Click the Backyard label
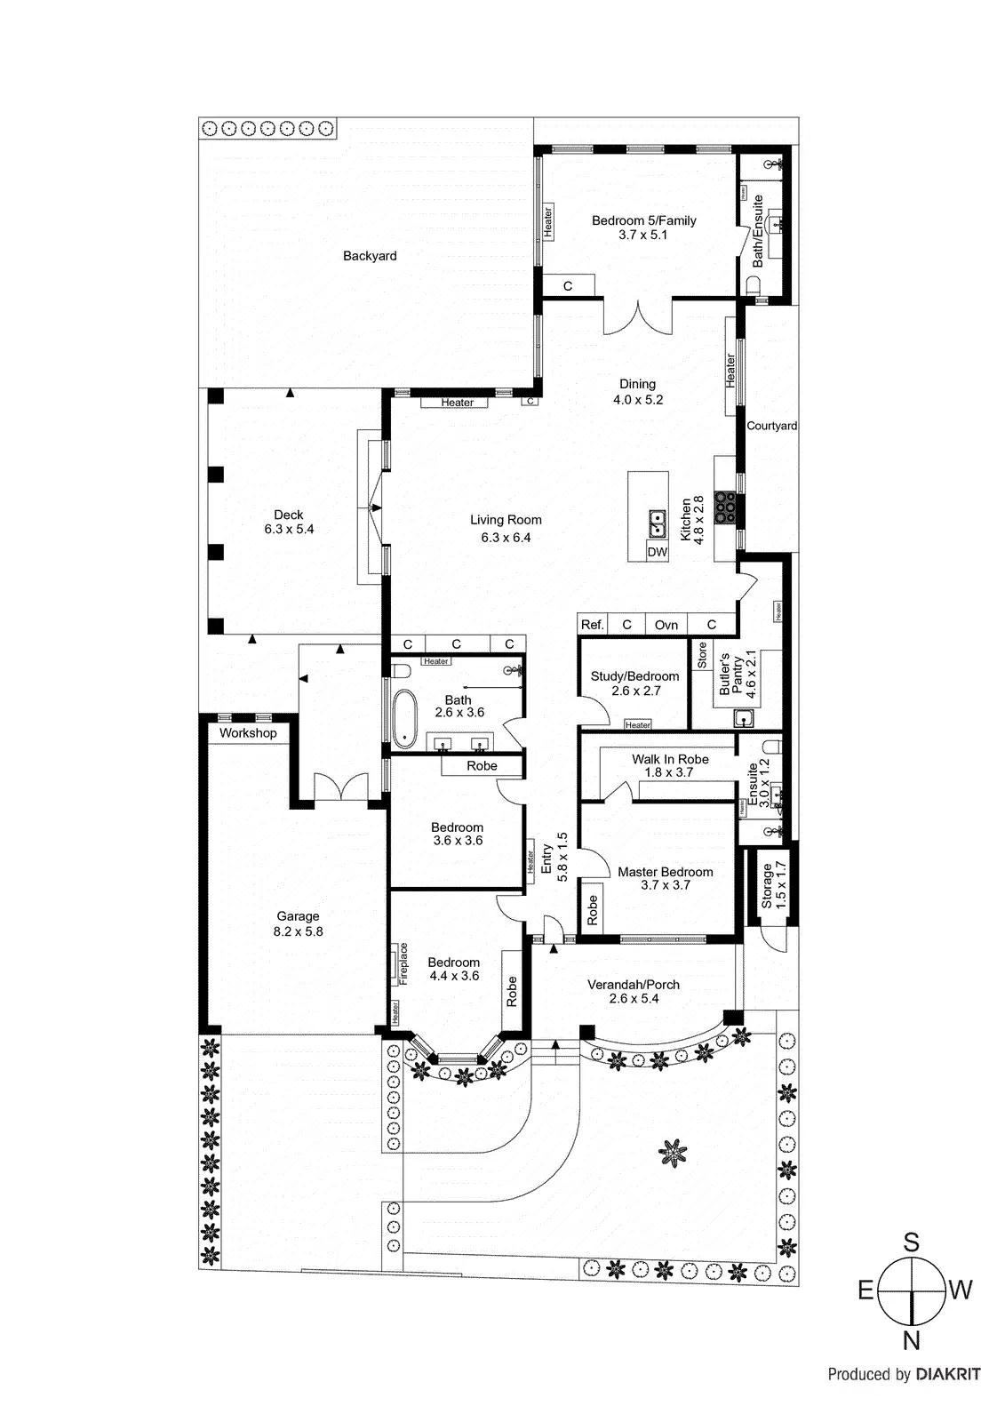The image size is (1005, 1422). point(370,256)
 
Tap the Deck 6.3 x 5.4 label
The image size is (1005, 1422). point(289,522)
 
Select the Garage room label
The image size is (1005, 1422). point(298,923)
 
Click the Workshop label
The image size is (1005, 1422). point(248,733)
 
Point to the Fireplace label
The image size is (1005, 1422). point(403,963)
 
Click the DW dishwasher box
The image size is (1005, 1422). point(657,552)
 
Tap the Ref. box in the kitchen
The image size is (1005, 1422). point(592,625)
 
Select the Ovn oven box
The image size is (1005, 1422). point(666,625)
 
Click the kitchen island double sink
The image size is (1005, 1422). point(657,523)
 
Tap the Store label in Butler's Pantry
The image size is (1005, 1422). point(702,656)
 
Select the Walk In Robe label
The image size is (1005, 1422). point(670,765)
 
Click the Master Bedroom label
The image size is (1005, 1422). point(666,878)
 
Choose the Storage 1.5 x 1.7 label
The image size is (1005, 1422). point(773,884)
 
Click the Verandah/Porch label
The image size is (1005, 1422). point(634,991)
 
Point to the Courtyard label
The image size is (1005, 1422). point(771,426)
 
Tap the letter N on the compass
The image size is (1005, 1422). point(911,1341)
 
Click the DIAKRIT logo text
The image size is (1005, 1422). point(948,1374)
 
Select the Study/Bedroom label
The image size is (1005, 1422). point(634,683)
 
